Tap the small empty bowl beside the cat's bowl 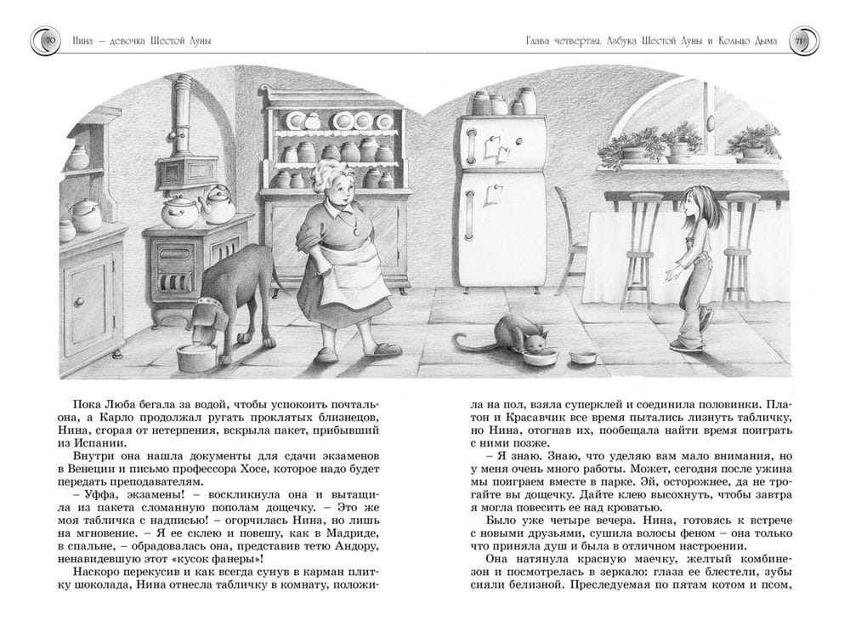[x=583, y=356]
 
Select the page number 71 [x=799, y=41]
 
